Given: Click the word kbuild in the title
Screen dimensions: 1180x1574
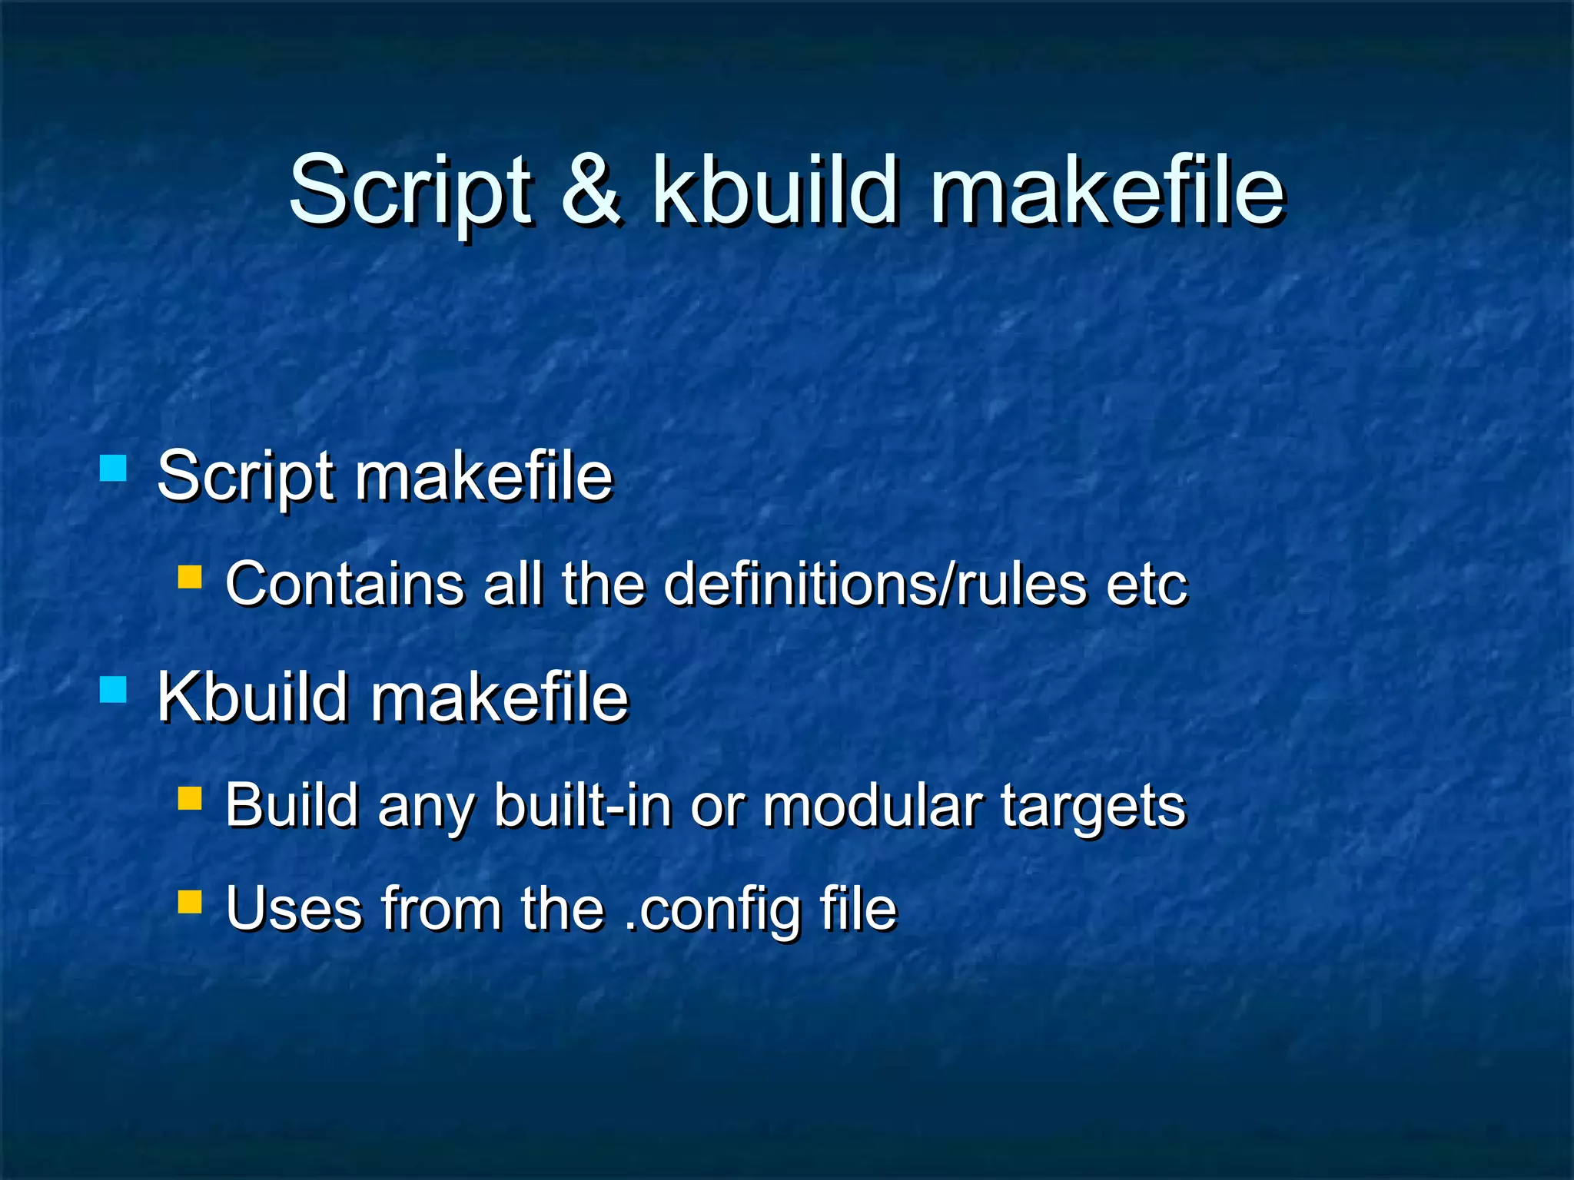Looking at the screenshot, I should (x=775, y=190).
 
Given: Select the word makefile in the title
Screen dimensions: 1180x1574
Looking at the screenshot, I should (x=1107, y=190).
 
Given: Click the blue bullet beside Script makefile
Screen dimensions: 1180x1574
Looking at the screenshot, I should (x=113, y=468).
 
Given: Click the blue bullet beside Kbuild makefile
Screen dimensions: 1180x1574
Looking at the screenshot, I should (x=113, y=689).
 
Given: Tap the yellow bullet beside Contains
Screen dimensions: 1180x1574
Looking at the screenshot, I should (x=189, y=577).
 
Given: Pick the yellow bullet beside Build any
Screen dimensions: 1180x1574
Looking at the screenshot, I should (x=189, y=798).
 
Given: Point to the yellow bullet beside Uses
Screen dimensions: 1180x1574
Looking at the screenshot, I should (x=189, y=901).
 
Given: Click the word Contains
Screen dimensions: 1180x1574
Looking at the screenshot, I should (x=344, y=584).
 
